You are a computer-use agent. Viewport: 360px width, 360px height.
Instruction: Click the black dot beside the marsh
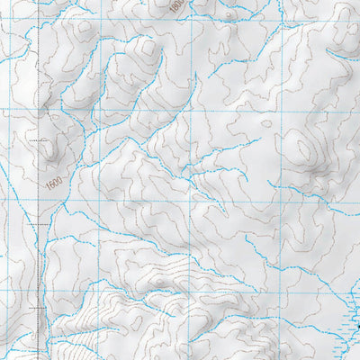[357, 325]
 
